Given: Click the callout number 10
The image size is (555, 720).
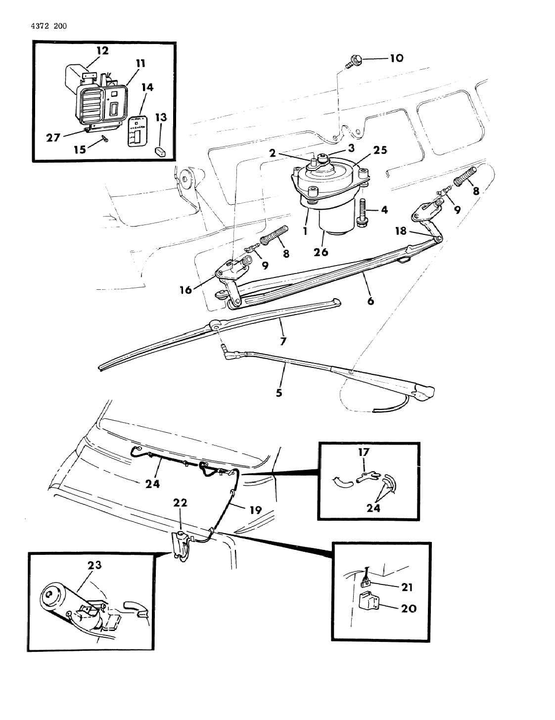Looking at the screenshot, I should (396, 58).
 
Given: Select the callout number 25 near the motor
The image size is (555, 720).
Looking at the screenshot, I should (380, 150).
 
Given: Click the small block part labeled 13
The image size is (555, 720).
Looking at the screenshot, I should (160, 150).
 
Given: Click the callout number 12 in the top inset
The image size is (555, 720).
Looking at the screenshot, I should (102, 50).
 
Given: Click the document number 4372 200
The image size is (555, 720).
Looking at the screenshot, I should (45, 26).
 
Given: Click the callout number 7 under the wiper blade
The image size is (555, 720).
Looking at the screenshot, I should (283, 341).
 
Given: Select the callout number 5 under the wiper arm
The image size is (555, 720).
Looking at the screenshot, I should (279, 394).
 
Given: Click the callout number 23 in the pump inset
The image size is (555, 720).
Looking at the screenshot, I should (94, 564).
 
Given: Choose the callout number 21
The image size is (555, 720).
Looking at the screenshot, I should (406, 587).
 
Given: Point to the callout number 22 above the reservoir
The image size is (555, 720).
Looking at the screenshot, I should (180, 503).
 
